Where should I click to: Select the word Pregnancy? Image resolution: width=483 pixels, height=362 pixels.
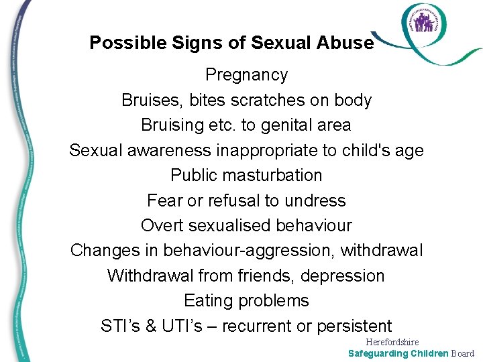click(x=246, y=75)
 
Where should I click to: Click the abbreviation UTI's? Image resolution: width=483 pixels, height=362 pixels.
click(x=187, y=326)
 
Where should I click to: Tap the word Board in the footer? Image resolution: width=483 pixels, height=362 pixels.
click(x=462, y=353)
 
